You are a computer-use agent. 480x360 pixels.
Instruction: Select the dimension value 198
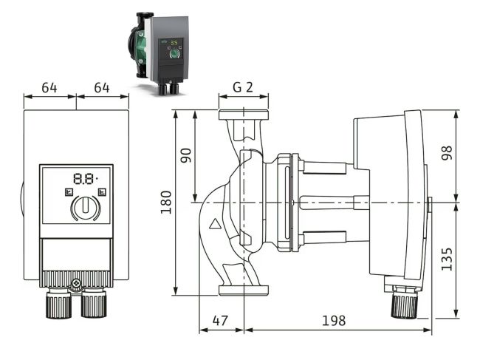[334, 322]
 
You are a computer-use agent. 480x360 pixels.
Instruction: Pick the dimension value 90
[186, 155]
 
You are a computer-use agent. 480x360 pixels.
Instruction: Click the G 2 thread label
[243, 86]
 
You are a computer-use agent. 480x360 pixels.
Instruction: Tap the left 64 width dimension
[49, 87]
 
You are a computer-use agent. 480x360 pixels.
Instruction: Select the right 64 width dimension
[102, 87]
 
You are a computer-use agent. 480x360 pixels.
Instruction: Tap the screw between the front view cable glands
[76, 283]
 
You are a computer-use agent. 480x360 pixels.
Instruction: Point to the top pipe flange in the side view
[243, 117]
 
